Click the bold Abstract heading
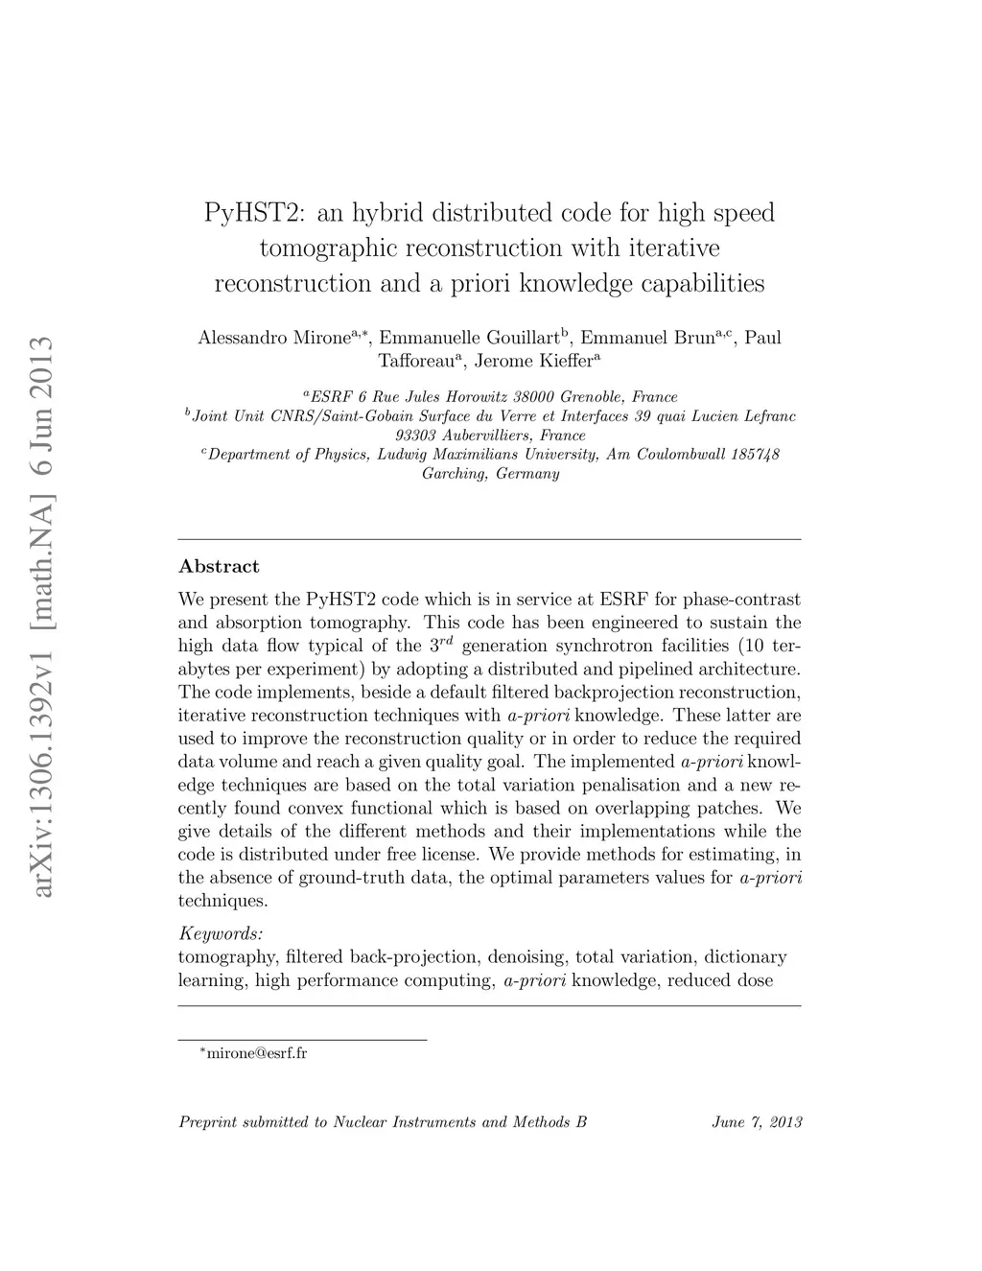pyautogui.click(x=219, y=566)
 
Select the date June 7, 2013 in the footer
pyautogui.click(x=757, y=1121)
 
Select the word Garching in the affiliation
pyautogui.click(x=455, y=474)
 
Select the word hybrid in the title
pyautogui.click(x=384, y=212)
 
